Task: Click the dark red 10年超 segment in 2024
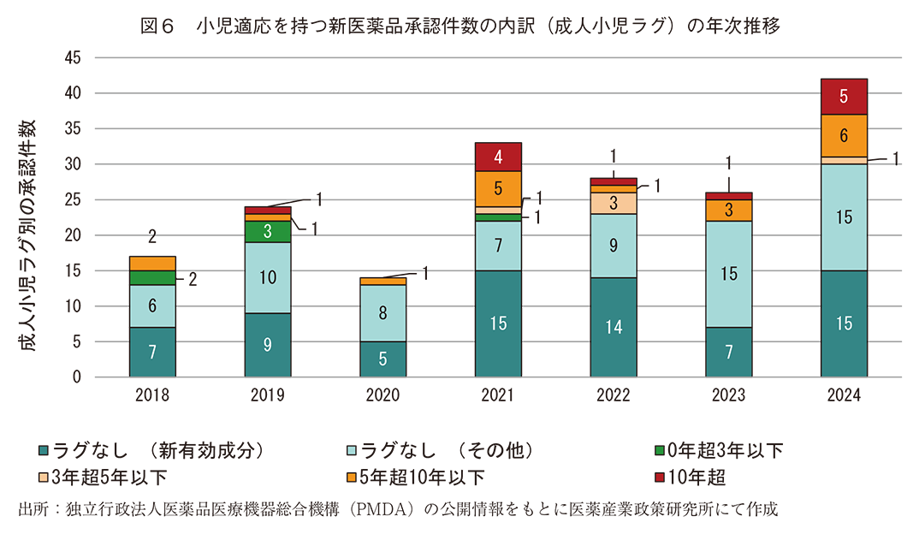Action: (843, 97)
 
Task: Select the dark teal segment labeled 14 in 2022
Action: (613, 327)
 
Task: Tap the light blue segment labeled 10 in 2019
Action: (267, 277)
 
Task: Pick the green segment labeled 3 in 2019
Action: (267, 231)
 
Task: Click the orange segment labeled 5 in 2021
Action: (497, 188)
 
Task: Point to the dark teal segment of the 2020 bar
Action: (382, 359)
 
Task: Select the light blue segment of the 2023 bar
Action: (728, 274)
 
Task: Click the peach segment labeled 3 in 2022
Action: (613, 203)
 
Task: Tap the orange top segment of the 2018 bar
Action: (151, 263)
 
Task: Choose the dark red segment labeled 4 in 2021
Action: (497, 157)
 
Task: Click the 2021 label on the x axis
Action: (497, 396)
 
